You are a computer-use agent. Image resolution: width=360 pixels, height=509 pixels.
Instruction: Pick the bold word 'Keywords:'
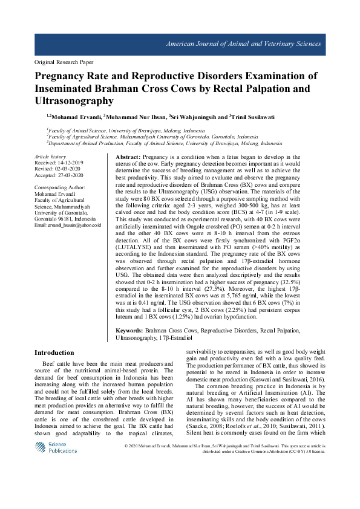pyautogui.click(x=129, y=331)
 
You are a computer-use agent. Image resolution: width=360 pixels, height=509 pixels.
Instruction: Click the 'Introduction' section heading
pyautogui.click(x=54, y=352)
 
